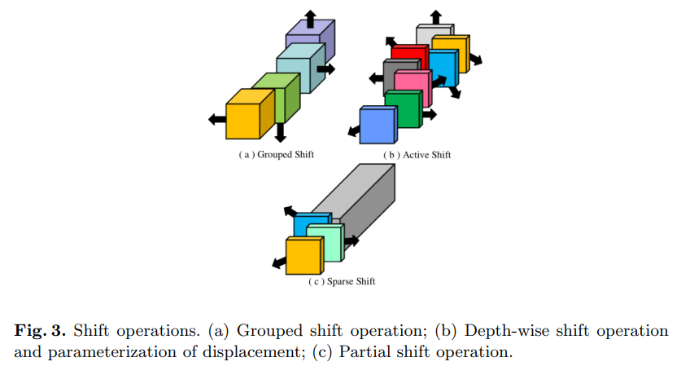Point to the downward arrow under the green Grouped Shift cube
coord(280,131)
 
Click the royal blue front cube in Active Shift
coord(377,126)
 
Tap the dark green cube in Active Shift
coord(403,110)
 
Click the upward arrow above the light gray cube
coord(436,15)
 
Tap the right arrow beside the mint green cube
coord(351,240)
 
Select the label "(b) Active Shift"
coord(416,153)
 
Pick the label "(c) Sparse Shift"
coord(341,281)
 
